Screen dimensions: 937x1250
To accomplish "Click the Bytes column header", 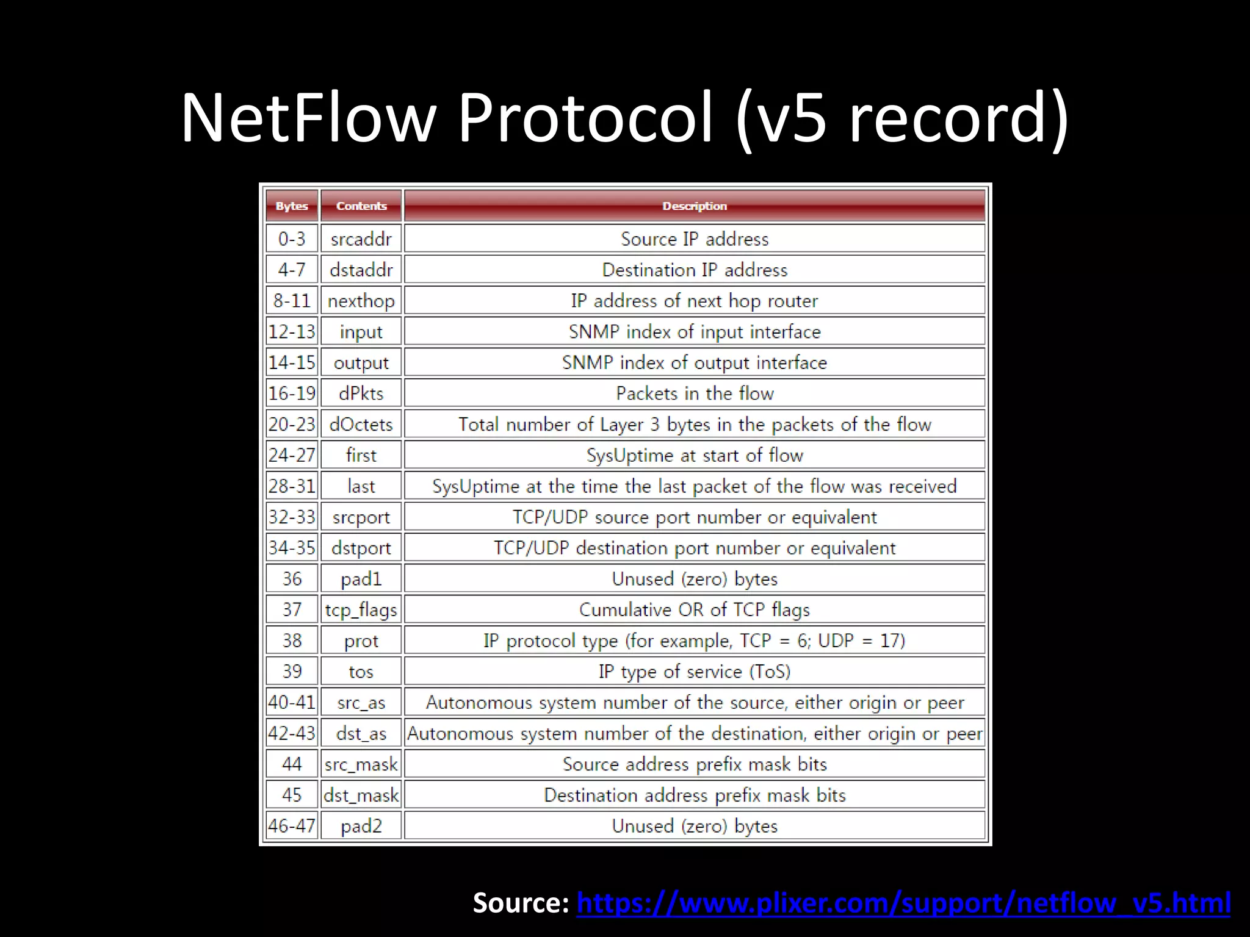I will pyautogui.click(x=292, y=206).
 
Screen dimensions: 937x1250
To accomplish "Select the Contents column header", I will pyautogui.click(x=361, y=206).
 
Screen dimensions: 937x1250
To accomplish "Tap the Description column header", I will pyautogui.click(x=695, y=206).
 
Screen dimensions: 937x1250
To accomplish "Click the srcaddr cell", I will pyautogui.click(x=361, y=239).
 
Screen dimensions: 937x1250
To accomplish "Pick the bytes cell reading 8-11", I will pyautogui.click(x=292, y=301).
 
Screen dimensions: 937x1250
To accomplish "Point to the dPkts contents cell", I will pyautogui.click(x=361, y=393).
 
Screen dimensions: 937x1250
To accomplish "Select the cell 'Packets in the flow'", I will pyautogui.click(x=695, y=393).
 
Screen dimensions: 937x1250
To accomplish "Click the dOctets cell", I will pyautogui.click(x=361, y=424).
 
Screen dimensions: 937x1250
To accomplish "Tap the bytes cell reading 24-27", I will pyautogui.click(x=292, y=455).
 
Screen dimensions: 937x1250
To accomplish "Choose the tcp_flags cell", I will pyautogui.click(x=361, y=609).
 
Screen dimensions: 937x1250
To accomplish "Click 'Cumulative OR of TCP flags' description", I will pyautogui.click(x=695, y=609).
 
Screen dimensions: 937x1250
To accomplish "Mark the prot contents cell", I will pyautogui.click(x=361, y=641).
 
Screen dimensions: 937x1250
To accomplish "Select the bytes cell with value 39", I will pyautogui.click(x=292, y=671).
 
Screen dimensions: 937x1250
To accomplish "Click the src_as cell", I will pyautogui.click(x=361, y=702).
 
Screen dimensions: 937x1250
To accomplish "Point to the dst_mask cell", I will pyautogui.click(x=361, y=795).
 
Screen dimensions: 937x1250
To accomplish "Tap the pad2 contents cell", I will pyautogui.click(x=361, y=826).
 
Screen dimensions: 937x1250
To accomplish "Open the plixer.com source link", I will pyautogui.click(x=903, y=903).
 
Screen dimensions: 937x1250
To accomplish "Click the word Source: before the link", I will pyautogui.click(x=521, y=903).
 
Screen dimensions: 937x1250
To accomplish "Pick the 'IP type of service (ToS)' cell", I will pyautogui.click(x=695, y=671).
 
